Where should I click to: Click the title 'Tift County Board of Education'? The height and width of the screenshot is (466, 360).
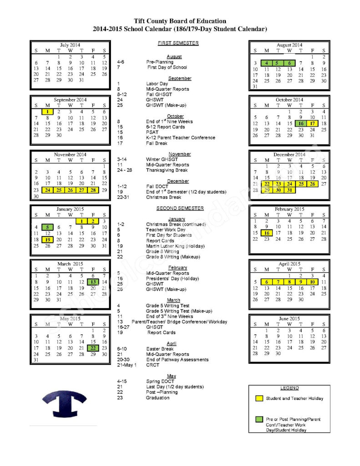tap(180, 21)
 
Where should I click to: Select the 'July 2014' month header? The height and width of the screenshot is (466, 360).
tap(70, 45)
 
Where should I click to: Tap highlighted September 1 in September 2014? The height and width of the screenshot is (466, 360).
tap(47, 111)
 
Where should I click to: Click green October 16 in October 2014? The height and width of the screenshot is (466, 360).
tap(300, 123)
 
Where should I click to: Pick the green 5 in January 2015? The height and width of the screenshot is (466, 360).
tap(47, 227)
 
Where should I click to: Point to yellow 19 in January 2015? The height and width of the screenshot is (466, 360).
tap(47, 239)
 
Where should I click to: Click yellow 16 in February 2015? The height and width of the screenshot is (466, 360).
tap(267, 233)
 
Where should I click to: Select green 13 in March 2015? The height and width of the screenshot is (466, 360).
tap(93, 282)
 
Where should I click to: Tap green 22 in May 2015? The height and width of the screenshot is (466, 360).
tap(93, 348)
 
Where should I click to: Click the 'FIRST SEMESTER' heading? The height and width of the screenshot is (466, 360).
tap(178, 43)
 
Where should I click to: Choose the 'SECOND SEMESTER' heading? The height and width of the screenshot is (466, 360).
tap(180, 208)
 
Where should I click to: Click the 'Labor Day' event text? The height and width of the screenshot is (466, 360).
tap(157, 84)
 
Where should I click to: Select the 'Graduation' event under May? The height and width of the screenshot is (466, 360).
tap(157, 398)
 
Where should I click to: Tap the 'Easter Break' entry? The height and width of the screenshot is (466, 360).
tap(160, 349)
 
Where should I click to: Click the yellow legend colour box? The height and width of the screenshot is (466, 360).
tap(259, 399)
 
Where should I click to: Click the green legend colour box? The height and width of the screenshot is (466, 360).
tap(259, 419)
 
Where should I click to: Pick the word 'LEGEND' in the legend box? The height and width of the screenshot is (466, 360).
tap(289, 388)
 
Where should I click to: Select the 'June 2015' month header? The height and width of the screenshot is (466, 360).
tap(289, 319)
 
